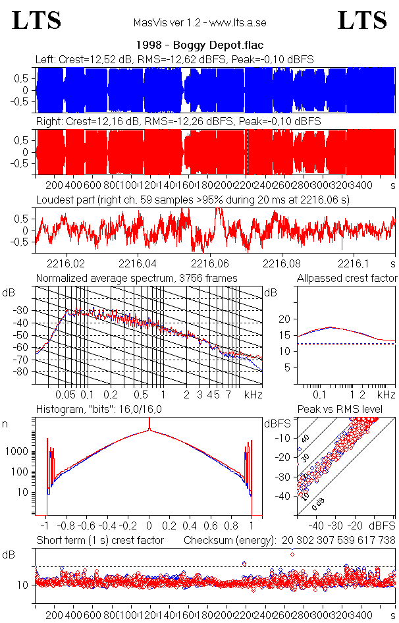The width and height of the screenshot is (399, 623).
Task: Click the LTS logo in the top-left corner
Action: pyautogui.click(x=37, y=20)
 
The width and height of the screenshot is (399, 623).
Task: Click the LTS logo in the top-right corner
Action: pyautogui.click(x=362, y=20)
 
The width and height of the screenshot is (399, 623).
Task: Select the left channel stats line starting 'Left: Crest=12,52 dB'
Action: pyautogui.click(x=174, y=59)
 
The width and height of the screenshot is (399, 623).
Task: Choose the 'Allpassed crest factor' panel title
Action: pyautogui.click(x=347, y=278)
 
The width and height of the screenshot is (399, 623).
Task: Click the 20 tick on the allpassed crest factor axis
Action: pyautogui.click(x=284, y=319)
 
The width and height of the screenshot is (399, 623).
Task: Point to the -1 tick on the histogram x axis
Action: pyautogui.click(x=45, y=526)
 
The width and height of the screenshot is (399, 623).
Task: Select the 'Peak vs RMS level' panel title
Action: pyautogui.click(x=349, y=410)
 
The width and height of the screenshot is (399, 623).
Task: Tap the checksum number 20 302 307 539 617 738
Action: pyautogui.click(x=338, y=541)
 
